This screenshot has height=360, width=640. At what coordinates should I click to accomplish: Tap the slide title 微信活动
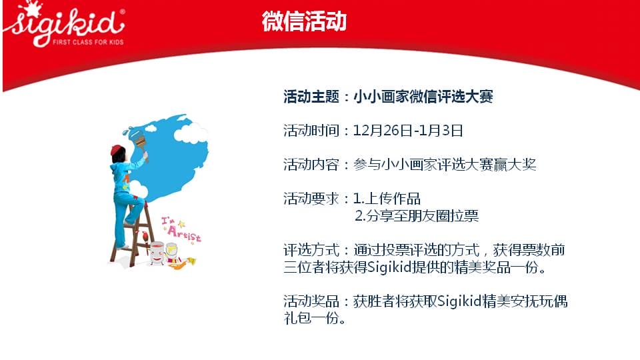click(304, 21)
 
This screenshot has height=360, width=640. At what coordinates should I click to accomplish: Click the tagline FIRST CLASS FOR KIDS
click(88, 41)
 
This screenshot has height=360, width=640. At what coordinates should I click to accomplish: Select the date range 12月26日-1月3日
click(408, 131)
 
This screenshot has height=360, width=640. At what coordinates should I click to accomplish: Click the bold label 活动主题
click(311, 97)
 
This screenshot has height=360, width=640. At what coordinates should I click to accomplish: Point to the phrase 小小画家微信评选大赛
click(423, 97)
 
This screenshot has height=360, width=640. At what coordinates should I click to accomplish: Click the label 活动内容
click(311, 165)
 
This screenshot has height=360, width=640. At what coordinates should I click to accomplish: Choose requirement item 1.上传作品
click(387, 199)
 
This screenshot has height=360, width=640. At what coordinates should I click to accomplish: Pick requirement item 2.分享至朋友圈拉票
click(417, 215)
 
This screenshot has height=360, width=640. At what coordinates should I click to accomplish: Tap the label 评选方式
click(311, 250)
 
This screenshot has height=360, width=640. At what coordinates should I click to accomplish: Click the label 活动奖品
click(311, 301)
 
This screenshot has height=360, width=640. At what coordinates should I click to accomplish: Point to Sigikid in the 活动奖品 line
click(459, 301)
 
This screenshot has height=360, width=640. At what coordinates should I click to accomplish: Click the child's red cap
click(117, 150)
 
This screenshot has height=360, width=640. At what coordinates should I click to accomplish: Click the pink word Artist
click(184, 233)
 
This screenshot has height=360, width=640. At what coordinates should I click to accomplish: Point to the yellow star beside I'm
click(181, 224)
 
